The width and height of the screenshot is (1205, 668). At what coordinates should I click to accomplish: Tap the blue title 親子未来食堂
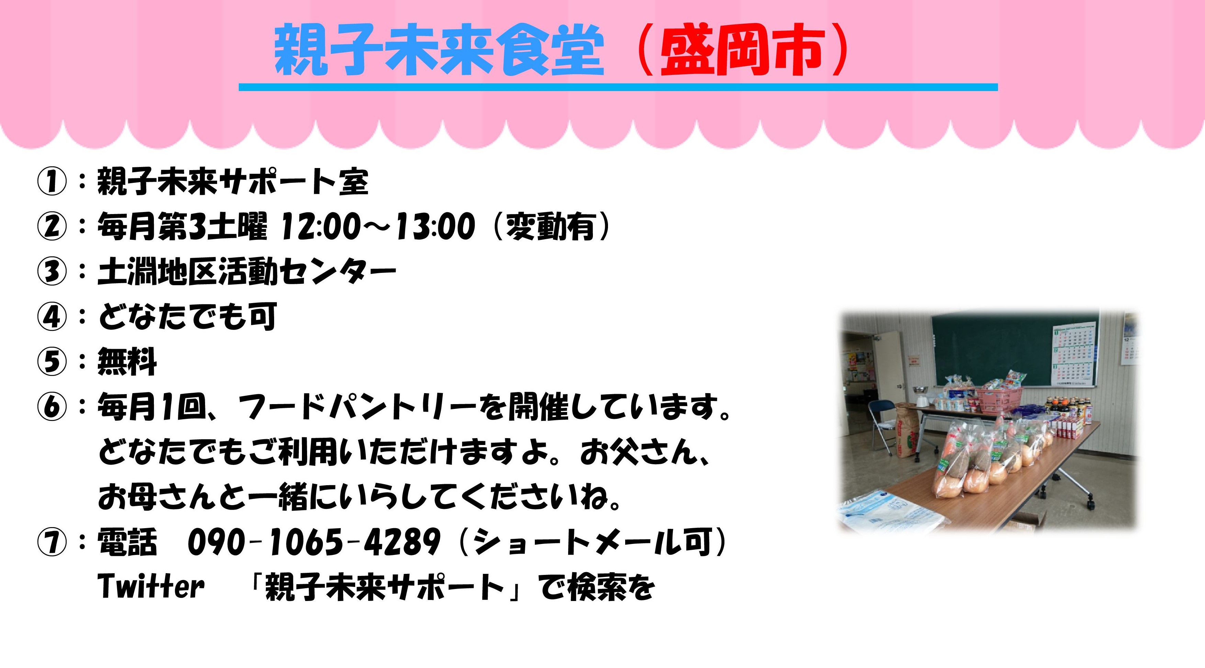click(x=439, y=51)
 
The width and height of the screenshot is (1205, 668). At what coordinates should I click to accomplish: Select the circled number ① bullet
click(x=52, y=182)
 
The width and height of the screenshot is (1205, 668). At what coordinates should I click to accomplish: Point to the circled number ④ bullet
click(x=52, y=317)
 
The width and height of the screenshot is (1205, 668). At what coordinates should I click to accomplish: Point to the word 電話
click(x=127, y=543)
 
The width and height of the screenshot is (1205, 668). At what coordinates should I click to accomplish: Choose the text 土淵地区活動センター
click(x=247, y=272)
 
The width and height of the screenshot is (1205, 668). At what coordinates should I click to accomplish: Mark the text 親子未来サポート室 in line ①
click(x=233, y=181)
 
